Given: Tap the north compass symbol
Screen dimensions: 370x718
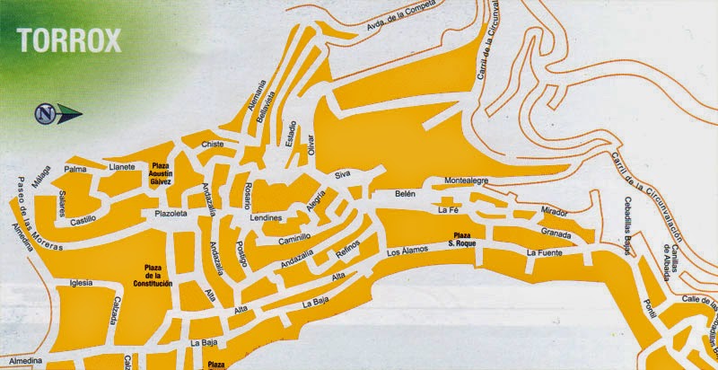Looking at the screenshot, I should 48,113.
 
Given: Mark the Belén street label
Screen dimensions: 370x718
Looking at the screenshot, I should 407,194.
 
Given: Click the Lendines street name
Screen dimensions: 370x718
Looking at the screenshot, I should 267,218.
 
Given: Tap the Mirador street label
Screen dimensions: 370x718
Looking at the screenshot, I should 555,213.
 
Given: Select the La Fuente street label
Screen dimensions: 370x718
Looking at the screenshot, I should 545,253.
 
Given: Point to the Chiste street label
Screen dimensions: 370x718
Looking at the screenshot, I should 212,144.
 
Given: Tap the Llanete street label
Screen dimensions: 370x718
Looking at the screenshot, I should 121,166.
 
